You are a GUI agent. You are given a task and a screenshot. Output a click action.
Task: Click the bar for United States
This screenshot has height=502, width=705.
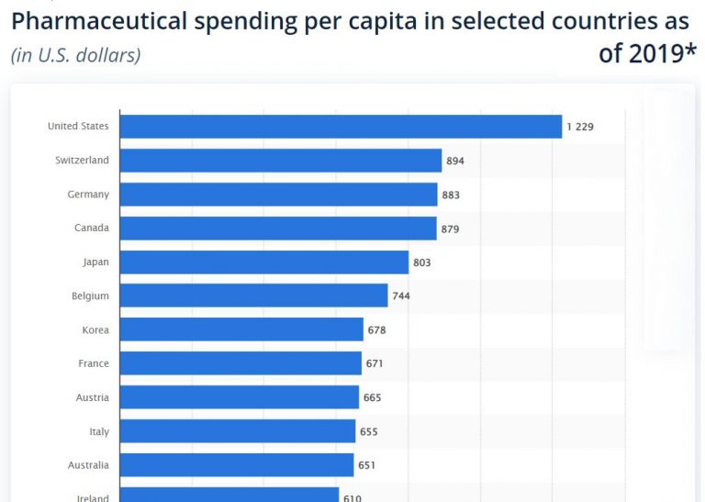click(341, 127)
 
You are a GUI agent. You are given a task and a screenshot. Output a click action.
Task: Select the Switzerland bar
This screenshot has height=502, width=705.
click(281, 161)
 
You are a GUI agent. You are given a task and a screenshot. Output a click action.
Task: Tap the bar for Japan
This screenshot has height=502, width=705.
click(264, 262)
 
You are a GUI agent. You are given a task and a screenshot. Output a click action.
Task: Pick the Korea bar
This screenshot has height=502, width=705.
click(241, 329)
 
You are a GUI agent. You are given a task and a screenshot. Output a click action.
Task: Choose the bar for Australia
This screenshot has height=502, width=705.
click(237, 465)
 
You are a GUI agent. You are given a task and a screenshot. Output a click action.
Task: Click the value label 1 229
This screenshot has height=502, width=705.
click(580, 127)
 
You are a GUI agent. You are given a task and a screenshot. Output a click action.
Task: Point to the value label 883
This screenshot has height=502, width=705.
click(451, 195)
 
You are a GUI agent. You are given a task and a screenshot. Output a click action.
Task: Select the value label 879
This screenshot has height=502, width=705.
click(450, 229)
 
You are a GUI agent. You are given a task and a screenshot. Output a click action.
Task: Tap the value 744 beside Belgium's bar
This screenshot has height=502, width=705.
click(401, 296)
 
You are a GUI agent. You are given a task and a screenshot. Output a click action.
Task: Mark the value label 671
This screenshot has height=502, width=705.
click(375, 363)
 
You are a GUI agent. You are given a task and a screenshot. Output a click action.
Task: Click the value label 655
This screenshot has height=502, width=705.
click(369, 431)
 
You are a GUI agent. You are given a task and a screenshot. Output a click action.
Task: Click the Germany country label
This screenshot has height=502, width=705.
click(88, 195)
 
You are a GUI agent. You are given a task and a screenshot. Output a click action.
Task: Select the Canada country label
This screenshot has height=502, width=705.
click(92, 229)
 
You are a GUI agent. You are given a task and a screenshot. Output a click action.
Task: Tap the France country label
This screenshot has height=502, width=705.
click(94, 363)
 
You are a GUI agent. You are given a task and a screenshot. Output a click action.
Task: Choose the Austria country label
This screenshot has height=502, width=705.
click(92, 397)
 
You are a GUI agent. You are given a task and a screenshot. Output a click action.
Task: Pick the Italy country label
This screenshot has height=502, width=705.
click(98, 431)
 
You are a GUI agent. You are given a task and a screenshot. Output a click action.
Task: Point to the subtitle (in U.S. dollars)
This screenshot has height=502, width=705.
click(75, 55)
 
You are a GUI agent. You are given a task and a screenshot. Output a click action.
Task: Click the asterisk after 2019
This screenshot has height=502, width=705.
click(690, 51)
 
